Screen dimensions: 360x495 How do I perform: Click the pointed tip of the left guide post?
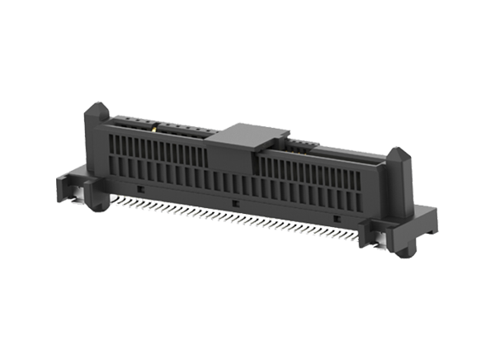(x=97, y=106)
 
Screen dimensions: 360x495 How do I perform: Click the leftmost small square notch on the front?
(x=139, y=190)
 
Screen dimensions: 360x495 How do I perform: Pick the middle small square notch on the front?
(x=235, y=203)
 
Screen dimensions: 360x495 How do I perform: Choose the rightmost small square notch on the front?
(x=336, y=217)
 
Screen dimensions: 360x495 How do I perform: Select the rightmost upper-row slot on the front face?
(x=375, y=178)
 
